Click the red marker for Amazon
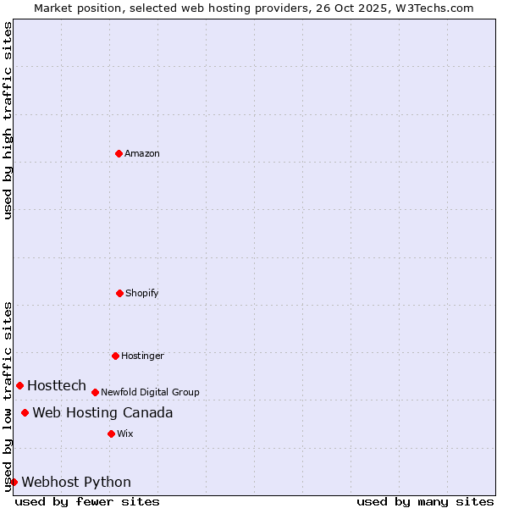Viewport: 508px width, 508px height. pos(119,153)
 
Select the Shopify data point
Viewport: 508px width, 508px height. pos(119,293)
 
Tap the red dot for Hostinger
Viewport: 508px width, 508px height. pos(115,356)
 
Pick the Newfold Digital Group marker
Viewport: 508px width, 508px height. pos(95,392)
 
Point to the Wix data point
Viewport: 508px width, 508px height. pos(111,433)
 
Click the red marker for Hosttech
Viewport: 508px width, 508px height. pos(19,385)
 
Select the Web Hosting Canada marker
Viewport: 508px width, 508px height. pos(25,412)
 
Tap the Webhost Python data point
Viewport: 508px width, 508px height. pos(14,482)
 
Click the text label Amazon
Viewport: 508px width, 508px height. pos(142,153)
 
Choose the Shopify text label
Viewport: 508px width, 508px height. pos(142,293)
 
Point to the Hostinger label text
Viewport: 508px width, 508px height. pos(142,356)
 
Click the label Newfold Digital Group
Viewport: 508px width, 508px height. pos(150,392)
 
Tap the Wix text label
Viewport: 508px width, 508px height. pos(125,433)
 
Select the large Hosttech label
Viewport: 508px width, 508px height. pos(57,385)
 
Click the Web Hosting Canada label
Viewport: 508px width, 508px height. pos(102,412)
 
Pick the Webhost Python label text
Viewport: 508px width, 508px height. pos(76,482)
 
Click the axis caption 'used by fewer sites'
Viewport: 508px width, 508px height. pos(87,501)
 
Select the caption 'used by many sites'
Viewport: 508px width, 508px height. pos(425,501)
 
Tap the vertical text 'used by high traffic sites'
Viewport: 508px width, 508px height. pos(8,120)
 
